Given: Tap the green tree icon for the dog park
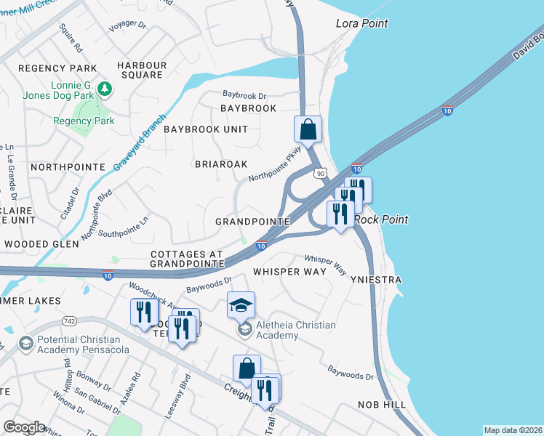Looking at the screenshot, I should pyautogui.click(x=105, y=89).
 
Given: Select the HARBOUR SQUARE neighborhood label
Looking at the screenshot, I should pyautogui.click(x=142, y=70).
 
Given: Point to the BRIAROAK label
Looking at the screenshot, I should pyautogui.click(x=222, y=164).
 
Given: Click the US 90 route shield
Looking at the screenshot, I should pyautogui.click(x=321, y=173).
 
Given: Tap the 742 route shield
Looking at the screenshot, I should pyautogui.click(x=70, y=320).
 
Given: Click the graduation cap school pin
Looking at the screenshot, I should pyautogui.click(x=241, y=306).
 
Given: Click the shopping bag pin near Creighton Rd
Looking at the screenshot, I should pyautogui.click(x=247, y=368).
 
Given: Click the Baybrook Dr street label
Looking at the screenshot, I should pyautogui.click(x=245, y=95).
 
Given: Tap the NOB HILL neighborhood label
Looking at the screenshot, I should pyautogui.click(x=379, y=404).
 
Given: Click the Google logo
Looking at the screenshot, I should pyautogui.click(x=24, y=427).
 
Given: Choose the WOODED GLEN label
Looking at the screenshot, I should pyautogui.click(x=41, y=244).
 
